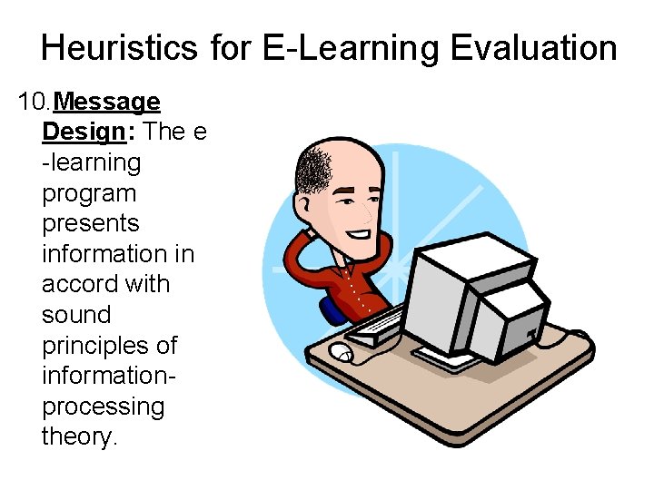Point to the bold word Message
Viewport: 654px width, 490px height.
pos(107,102)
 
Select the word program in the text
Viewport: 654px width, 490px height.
pos(89,194)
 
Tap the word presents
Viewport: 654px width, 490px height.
pos(91,224)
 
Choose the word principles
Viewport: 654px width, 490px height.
pos(109,347)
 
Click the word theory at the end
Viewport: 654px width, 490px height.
pos(80,437)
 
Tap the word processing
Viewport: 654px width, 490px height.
pos(104,407)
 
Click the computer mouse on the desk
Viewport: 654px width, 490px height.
pos(342,352)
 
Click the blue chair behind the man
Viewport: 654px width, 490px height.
pos(334,309)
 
